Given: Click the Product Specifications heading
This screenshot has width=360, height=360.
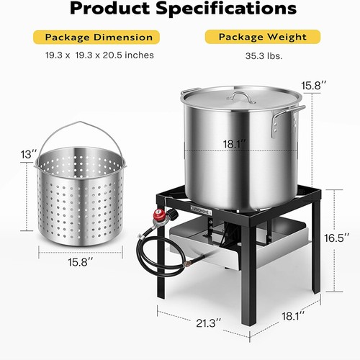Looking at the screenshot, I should point(180,9).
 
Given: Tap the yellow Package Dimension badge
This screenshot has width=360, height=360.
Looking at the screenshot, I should point(99,37).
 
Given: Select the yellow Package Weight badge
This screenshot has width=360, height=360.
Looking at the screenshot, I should point(260,37).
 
